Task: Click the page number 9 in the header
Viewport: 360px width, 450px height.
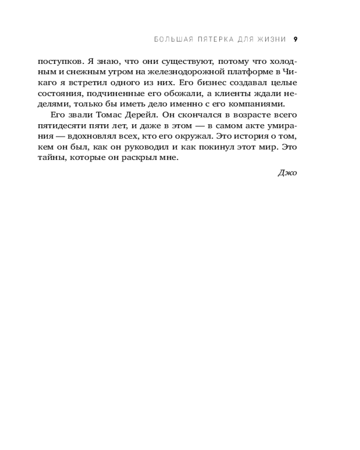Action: [295, 39]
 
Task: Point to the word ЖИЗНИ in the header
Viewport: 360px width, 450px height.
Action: [273, 39]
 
